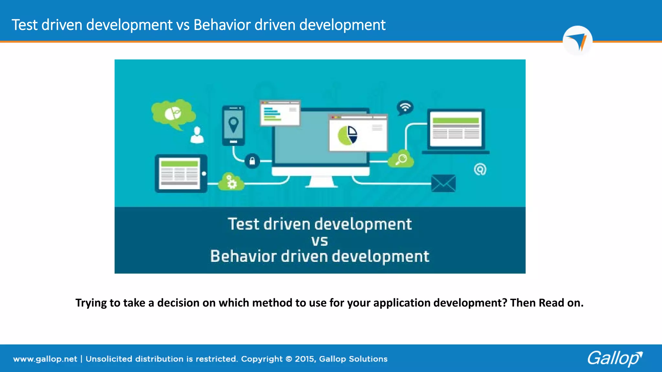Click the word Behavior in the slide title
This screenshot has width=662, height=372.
(x=222, y=25)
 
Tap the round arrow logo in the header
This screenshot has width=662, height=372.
(x=577, y=41)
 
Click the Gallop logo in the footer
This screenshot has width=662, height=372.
(x=614, y=358)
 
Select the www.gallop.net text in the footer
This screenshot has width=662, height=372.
(x=45, y=359)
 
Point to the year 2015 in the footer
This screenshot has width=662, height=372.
(x=304, y=359)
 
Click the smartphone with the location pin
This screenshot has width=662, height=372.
(x=233, y=125)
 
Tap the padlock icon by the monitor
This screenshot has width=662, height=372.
(x=252, y=161)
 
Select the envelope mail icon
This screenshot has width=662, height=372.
(x=443, y=183)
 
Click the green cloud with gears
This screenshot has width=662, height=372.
(x=231, y=182)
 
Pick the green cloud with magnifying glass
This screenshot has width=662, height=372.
(x=401, y=159)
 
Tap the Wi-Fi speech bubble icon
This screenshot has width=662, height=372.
(x=405, y=108)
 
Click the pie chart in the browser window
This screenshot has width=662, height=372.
(x=347, y=135)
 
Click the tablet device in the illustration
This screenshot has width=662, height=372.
(x=181, y=173)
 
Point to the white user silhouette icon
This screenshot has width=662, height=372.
(x=197, y=135)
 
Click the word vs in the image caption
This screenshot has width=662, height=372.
(x=319, y=241)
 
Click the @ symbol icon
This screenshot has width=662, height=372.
(x=480, y=169)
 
